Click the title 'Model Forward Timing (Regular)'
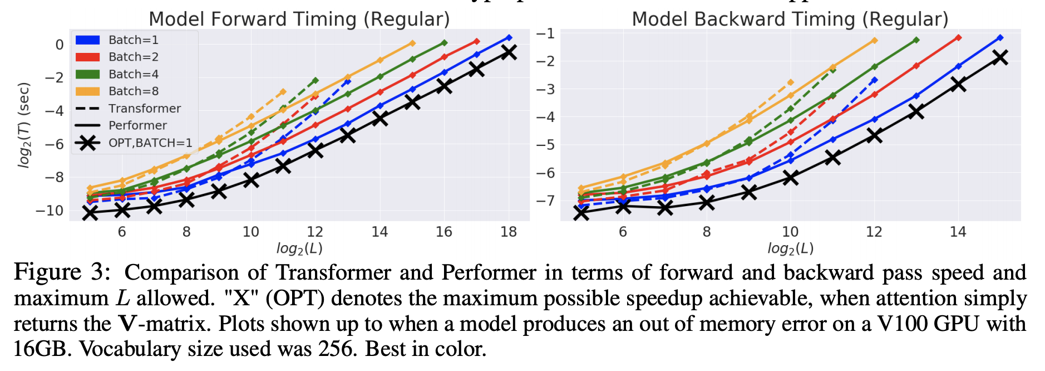[299, 19]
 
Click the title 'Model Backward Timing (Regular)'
[790, 19]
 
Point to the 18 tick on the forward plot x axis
[509, 232]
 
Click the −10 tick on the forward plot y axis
[49, 211]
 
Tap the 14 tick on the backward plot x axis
[958, 232]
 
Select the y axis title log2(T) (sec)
[24, 125]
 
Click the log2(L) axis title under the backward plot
[790, 248]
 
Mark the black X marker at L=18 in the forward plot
[509, 52]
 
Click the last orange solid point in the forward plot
[412, 43]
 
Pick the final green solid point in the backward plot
[916, 40]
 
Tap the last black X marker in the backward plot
[1000, 57]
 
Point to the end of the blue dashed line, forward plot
[348, 82]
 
